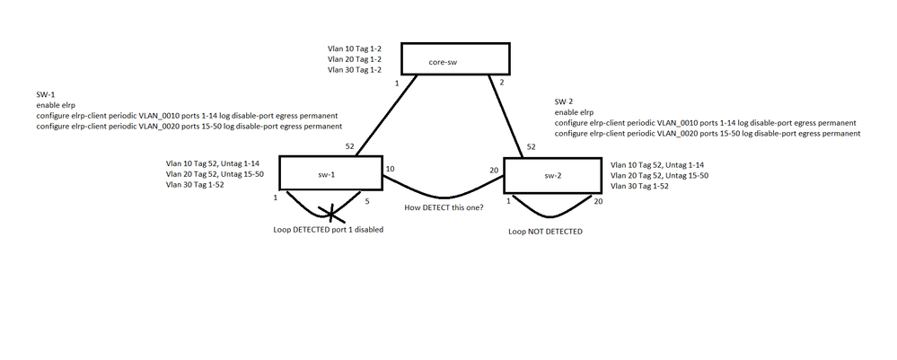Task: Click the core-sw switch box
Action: [x=454, y=58]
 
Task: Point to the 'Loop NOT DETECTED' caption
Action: [x=546, y=232]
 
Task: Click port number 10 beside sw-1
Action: [x=390, y=168]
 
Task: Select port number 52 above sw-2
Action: [x=531, y=146]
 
